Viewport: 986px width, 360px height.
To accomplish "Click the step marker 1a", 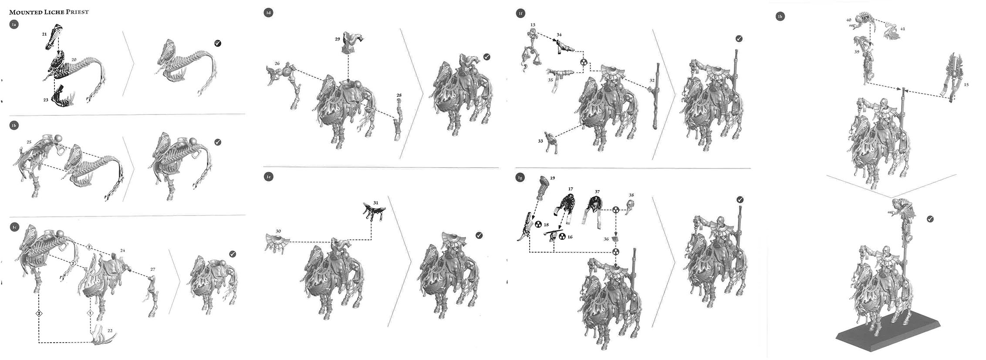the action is click(14, 25).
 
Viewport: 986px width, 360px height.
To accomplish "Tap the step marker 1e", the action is click(269, 177).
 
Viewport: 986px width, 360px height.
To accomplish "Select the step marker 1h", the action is click(780, 17).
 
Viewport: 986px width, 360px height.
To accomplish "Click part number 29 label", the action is click(338, 39).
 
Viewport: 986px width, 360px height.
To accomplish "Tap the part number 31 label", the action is click(376, 202).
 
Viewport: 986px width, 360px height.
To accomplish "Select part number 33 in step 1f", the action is click(540, 141).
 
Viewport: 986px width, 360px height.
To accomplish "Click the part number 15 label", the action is click(966, 85).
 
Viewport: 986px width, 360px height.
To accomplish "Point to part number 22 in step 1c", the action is click(110, 331).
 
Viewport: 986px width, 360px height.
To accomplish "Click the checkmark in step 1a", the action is click(218, 43).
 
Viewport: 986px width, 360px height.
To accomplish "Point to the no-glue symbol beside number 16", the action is click(562, 237).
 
